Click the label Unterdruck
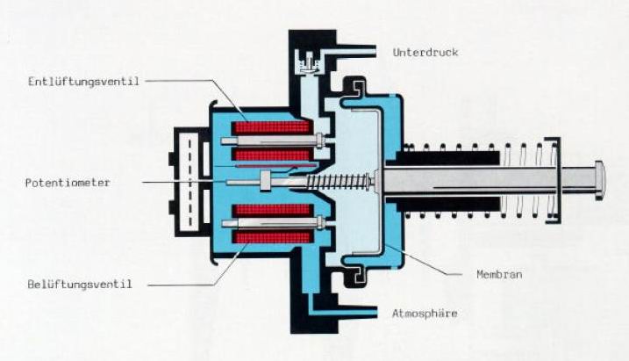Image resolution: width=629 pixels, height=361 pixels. click(x=425, y=52)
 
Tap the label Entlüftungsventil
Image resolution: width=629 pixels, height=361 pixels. click(x=83, y=82)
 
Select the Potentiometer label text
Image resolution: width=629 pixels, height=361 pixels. click(x=68, y=183)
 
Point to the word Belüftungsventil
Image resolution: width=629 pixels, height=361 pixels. click(x=80, y=285)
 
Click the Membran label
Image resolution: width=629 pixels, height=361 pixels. click(x=499, y=274)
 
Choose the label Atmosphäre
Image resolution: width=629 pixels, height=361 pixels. click(x=425, y=313)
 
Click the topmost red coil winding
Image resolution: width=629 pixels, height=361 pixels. click(x=272, y=127)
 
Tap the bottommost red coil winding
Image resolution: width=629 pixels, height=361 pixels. click(x=272, y=238)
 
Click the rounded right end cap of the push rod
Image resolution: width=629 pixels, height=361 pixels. click(x=599, y=180)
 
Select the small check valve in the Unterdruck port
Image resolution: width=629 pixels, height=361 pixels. click(x=308, y=62)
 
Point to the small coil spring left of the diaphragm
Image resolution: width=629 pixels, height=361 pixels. click(x=338, y=182)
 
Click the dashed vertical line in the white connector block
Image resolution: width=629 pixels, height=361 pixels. click(x=189, y=182)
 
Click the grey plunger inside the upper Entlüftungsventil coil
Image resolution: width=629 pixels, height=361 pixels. click(x=273, y=141)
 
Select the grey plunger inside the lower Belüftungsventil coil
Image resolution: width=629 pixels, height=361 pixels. click(x=273, y=223)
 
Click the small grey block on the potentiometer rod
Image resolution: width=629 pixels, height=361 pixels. click(x=266, y=181)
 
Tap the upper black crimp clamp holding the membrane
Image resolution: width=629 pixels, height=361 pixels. click(x=357, y=88)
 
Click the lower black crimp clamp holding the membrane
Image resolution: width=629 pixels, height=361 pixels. click(x=357, y=275)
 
